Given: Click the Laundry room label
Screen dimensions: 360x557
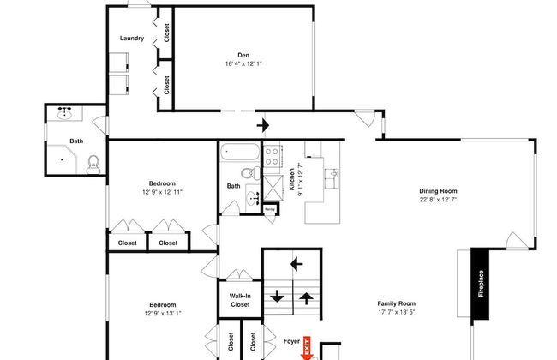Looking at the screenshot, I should click(x=131, y=38).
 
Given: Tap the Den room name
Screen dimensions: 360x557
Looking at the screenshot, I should click(x=243, y=55).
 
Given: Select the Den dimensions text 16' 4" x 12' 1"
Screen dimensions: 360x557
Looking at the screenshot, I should click(x=243, y=63).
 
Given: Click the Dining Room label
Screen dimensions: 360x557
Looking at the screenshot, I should click(x=437, y=191).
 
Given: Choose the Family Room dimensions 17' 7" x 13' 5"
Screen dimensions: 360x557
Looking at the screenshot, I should click(x=396, y=312).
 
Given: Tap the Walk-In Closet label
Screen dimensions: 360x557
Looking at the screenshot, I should click(x=240, y=300).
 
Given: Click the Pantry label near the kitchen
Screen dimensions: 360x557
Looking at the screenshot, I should click(x=270, y=209).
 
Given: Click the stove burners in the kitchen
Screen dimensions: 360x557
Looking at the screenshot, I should click(x=273, y=157).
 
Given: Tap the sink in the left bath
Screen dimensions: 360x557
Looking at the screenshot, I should click(x=64, y=113).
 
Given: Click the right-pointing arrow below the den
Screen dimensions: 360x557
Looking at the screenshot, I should click(x=263, y=125).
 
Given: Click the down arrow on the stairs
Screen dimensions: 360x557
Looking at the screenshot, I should click(x=278, y=297).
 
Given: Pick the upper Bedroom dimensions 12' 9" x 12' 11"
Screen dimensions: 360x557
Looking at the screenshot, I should click(x=162, y=192).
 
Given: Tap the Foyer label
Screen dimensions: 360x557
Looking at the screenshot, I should click(x=291, y=341).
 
